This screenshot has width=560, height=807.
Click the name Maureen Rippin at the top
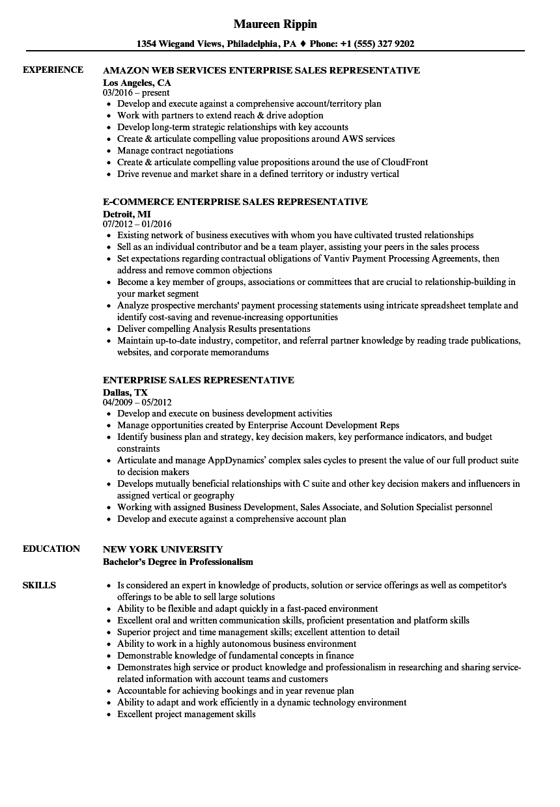[x=275, y=24]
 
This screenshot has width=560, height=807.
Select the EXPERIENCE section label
[x=53, y=70]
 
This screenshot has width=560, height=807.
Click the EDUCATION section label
[x=51, y=549]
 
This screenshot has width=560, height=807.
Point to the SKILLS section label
[x=39, y=585]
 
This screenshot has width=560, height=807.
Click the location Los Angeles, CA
[x=137, y=83]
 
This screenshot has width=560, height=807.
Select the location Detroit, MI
[x=127, y=214]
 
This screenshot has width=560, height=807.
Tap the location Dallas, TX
[x=125, y=392]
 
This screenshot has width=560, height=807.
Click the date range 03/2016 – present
[x=136, y=93]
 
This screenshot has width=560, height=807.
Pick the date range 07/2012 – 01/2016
[x=137, y=225]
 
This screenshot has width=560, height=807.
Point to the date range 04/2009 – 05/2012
[x=137, y=403]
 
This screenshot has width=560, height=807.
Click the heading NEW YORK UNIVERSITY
[x=163, y=549]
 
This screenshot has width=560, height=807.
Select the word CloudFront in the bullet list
[x=405, y=162]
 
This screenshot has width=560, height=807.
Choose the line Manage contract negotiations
[x=175, y=150]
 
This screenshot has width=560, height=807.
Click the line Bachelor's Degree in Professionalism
[x=178, y=562]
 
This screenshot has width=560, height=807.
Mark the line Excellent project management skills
[x=186, y=714]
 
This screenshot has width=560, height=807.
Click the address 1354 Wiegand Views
[x=179, y=44]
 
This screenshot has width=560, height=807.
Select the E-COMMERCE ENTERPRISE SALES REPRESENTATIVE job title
[x=235, y=201]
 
